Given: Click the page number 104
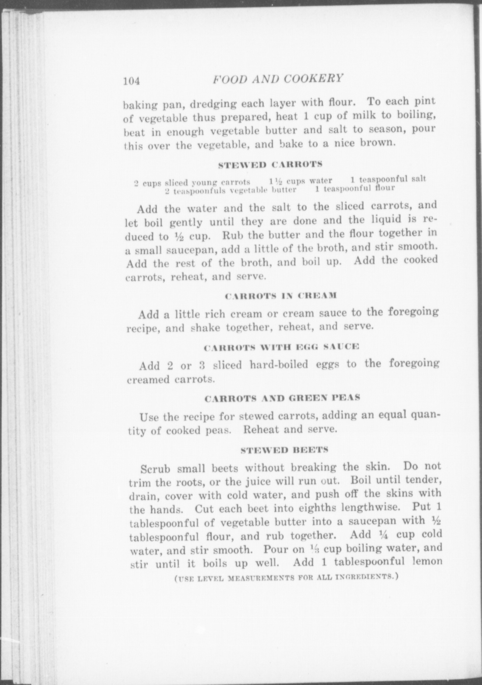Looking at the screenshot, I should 131,81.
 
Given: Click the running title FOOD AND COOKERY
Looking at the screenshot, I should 278,79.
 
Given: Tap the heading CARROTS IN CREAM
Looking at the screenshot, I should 281,296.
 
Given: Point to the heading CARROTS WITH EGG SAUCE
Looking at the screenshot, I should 281,347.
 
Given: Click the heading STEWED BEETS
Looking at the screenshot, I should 285,450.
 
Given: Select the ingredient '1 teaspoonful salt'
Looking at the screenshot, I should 388,180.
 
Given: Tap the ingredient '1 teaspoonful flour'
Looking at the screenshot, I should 355,189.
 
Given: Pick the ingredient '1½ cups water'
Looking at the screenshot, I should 301,181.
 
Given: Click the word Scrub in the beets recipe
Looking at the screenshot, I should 155,469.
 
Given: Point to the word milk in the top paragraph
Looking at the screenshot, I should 348,116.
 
